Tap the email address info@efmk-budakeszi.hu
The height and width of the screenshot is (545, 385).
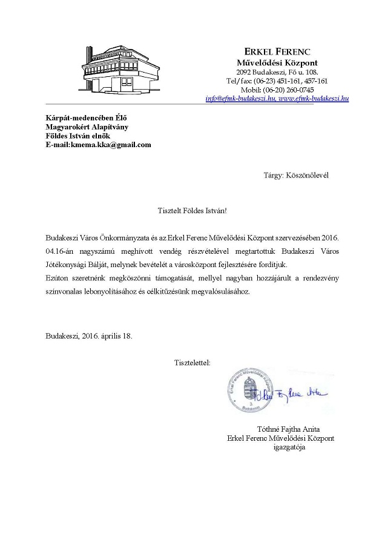coord(241,98)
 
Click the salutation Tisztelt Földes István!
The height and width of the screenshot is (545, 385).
coord(192,211)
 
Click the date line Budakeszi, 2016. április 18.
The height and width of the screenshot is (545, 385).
coord(88,335)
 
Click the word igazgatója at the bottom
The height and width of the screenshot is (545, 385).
coord(289,448)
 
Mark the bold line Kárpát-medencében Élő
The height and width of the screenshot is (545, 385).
coord(87,117)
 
